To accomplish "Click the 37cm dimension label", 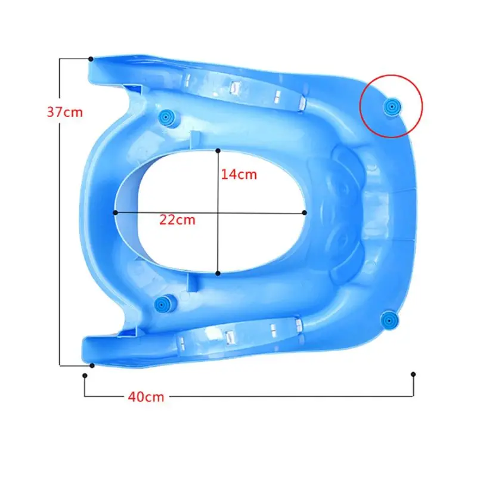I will point(65,112).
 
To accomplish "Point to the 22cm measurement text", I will point(177,219).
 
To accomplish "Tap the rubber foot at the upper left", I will point(166,116).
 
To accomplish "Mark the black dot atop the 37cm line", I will point(91,59).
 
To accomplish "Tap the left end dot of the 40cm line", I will point(85,375).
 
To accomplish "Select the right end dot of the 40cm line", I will point(413,374).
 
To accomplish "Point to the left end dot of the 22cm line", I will point(114,212).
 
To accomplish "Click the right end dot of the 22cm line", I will point(305,212).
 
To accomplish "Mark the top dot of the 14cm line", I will point(218,150).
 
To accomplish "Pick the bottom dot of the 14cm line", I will point(218,273).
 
